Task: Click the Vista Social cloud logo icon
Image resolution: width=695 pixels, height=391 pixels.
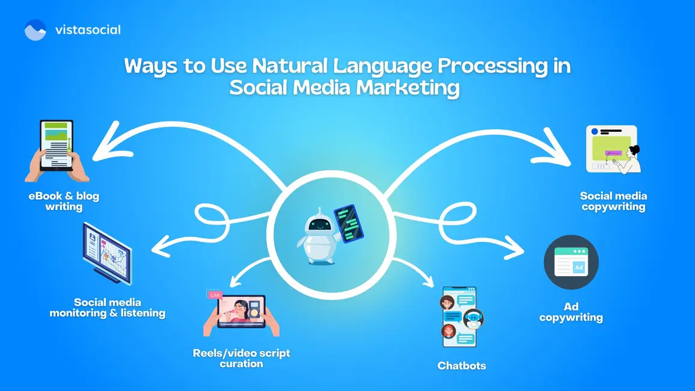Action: (x=35, y=29)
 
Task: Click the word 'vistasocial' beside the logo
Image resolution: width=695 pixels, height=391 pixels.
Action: (x=87, y=29)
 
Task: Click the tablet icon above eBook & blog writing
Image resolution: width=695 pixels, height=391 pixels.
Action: (x=56, y=150)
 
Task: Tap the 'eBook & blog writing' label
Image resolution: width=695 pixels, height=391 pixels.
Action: (x=64, y=202)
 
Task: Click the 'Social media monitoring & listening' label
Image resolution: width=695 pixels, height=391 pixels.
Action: (x=107, y=307)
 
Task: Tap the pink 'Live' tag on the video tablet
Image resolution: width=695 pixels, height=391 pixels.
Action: (x=215, y=295)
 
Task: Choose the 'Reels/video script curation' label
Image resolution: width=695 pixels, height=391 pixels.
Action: (x=241, y=358)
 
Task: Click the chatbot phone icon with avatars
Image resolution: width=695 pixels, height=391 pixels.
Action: (x=460, y=317)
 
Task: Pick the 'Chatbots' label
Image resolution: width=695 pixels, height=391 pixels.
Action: (x=461, y=366)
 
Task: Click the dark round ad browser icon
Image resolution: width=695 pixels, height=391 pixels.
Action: (x=571, y=262)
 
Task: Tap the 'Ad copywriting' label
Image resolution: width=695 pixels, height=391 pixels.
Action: (x=571, y=312)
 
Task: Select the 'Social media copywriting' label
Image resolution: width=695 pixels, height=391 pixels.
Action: (x=613, y=202)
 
